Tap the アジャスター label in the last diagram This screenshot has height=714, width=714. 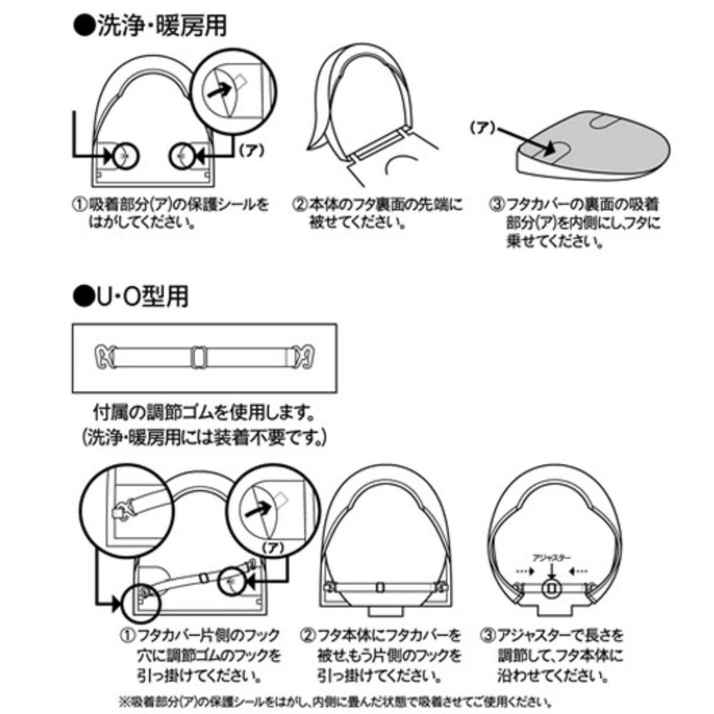pyautogui.click(x=552, y=558)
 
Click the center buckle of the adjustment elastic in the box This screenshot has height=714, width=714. pyautogui.click(x=199, y=358)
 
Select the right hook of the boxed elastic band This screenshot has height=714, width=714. pyautogui.click(x=303, y=358)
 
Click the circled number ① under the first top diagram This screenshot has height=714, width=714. pyautogui.click(x=80, y=205)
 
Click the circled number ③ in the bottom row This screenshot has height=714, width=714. pyautogui.click(x=488, y=635)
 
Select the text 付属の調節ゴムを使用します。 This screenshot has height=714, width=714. pyautogui.click(x=204, y=412)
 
